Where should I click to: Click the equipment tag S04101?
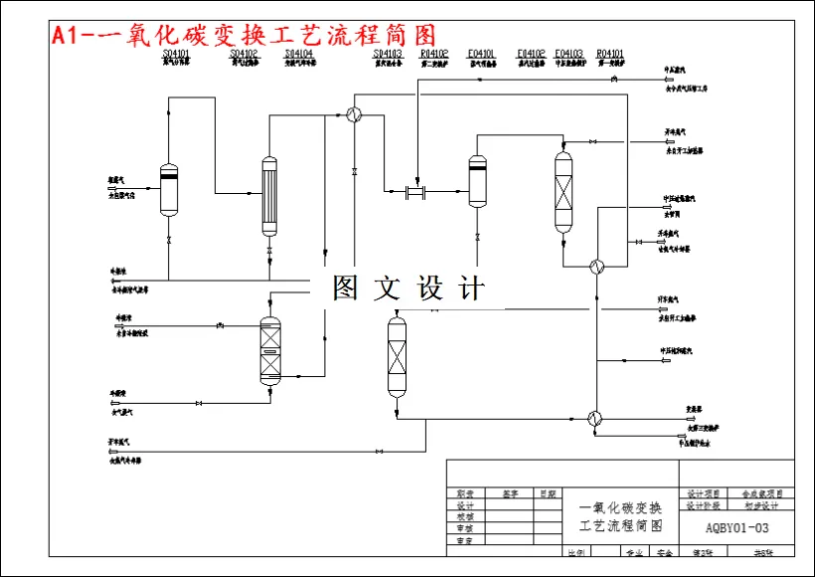coord(176,53)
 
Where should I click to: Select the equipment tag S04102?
coord(244,53)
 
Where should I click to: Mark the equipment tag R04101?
coord(609,53)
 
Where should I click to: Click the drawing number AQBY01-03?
coord(736,527)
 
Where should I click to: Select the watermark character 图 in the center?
coord(345,288)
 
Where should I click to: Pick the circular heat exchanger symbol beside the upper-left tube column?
coord(353,114)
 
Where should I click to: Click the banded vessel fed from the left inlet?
coord(169,188)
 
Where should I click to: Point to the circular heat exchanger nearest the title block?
coord(594,418)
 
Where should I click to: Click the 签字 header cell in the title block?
coord(511,493)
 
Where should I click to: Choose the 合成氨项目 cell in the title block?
coord(761,493)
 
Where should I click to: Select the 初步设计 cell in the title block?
coord(761,505)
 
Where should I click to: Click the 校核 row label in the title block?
coord(464,516)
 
